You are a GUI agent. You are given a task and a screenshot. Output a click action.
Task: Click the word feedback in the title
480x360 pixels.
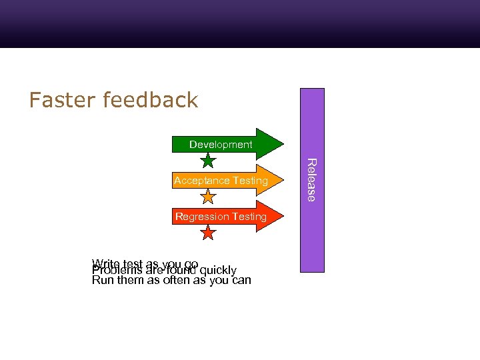click(x=151, y=100)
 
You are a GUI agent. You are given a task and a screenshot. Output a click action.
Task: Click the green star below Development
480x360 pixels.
click(x=209, y=161)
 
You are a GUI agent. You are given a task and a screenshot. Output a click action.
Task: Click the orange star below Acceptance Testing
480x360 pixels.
click(x=209, y=197)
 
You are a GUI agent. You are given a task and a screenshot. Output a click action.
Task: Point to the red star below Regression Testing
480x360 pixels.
click(x=209, y=233)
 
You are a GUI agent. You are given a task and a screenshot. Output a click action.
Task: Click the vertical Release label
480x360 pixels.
click(x=311, y=179)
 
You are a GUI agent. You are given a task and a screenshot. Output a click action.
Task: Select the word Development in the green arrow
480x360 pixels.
click(x=221, y=145)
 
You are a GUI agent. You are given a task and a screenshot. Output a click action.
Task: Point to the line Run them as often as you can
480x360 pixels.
click(x=171, y=281)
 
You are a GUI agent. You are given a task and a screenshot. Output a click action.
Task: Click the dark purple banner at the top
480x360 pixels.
click(x=240, y=23)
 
